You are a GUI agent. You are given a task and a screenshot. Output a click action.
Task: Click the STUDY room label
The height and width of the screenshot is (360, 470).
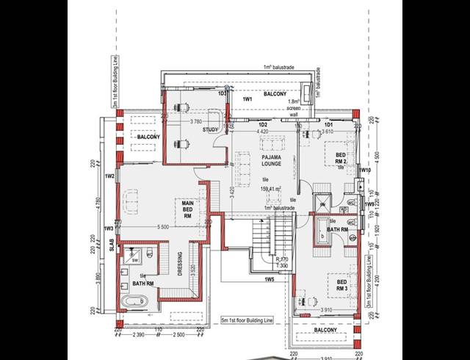pos(211,130)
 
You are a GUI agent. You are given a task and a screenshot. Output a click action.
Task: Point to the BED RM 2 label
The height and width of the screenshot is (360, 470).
pos(341,159)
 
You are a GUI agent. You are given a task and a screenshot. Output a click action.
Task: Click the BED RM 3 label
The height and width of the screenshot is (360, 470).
pos(342,285)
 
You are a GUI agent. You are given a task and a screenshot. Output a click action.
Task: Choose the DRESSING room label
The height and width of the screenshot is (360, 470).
pos(180,268)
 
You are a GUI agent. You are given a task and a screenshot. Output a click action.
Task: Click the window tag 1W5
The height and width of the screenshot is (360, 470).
pos(269,279)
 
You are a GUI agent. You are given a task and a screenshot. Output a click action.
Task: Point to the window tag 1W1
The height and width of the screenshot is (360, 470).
pos(247,98)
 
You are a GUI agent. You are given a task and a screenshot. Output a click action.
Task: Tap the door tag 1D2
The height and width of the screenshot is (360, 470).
pos(262,126)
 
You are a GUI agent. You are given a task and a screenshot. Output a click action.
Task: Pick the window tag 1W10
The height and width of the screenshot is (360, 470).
pos(366,170)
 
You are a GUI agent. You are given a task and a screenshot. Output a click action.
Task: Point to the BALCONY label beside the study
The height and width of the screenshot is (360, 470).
pos(149,137)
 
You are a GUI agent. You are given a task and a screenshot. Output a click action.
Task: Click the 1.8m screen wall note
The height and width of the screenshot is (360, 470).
pos(293,107)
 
